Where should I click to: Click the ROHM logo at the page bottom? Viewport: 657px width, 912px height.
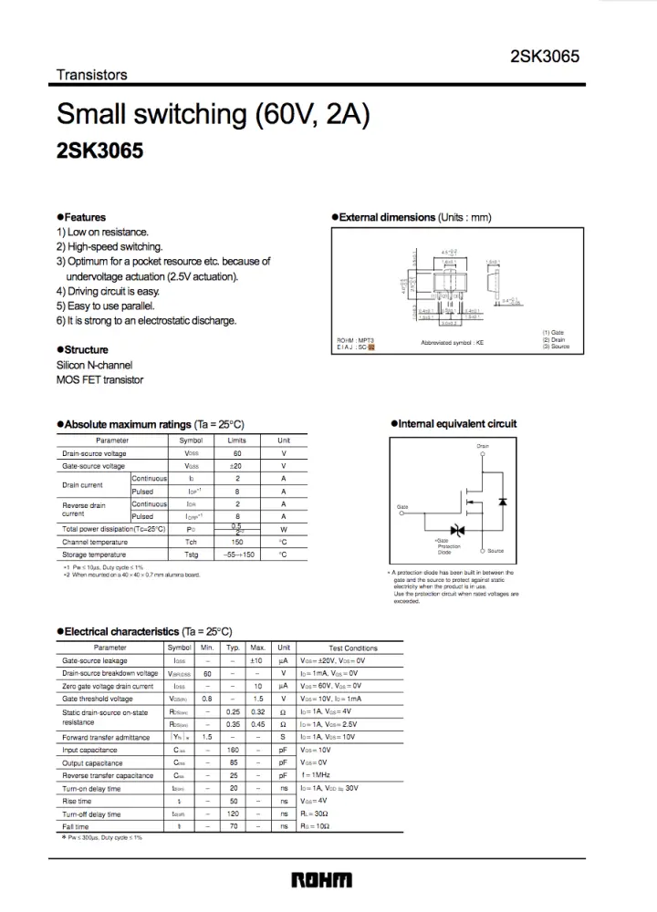(x=321, y=880)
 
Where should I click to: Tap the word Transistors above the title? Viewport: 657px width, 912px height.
(x=92, y=75)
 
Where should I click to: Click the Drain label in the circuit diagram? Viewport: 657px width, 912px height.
(x=483, y=446)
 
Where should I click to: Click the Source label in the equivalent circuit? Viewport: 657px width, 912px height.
(x=495, y=551)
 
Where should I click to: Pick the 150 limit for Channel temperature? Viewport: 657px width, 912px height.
(x=237, y=542)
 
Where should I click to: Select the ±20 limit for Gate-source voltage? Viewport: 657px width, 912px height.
(x=237, y=466)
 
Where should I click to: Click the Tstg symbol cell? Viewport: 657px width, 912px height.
(x=191, y=554)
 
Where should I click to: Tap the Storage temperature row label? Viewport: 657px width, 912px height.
(x=94, y=554)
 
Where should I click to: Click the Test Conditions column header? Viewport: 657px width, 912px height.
(x=352, y=648)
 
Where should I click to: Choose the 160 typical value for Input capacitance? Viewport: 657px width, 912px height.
(x=234, y=750)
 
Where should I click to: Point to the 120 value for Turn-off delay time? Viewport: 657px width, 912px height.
(x=234, y=814)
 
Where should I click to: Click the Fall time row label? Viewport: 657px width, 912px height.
(x=76, y=826)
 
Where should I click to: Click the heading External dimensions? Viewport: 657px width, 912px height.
(x=387, y=217)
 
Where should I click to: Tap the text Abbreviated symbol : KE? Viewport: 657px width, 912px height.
(x=453, y=342)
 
